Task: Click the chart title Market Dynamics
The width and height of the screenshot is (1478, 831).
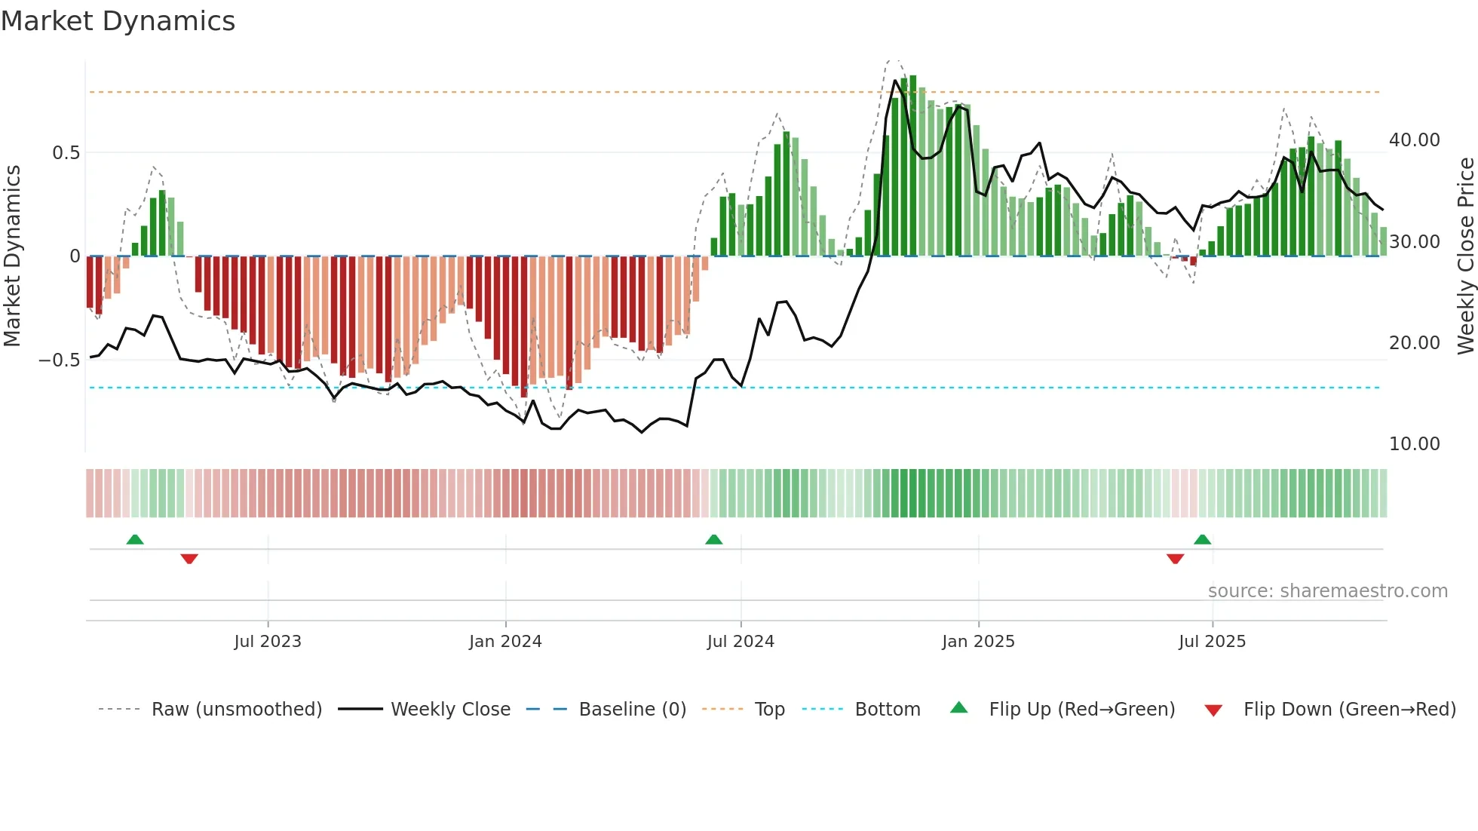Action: pyautogui.click(x=118, y=21)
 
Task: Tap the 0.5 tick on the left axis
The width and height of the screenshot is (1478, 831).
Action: pyautogui.click(x=66, y=153)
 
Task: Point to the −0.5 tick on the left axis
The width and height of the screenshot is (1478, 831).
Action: pyautogui.click(x=60, y=360)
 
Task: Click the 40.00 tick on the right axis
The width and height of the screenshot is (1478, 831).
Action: pyautogui.click(x=1414, y=140)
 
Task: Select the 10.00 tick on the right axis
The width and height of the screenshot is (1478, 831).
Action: pyautogui.click(x=1414, y=444)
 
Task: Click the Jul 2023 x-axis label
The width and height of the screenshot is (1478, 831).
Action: pyautogui.click(x=268, y=642)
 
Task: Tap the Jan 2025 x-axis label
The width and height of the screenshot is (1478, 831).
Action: pyautogui.click(x=978, y=642)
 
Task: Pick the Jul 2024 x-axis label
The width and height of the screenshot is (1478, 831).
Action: pyautogui.click(x=741, y=642)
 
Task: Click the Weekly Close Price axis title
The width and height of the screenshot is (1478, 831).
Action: pyautogui.click(x=1465, y=256)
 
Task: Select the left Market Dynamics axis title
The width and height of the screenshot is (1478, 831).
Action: pyautogui.click(x=12, y=256)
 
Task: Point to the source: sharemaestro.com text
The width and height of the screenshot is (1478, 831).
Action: pyautogui.click(x=1327, y=591)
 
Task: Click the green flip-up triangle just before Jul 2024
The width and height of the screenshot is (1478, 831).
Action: pyautogui.click(x=713, y=539)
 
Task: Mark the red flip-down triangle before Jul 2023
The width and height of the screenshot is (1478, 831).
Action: pyautogui.click(x=189, y=559)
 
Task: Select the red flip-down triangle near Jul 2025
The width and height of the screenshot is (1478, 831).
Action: pyautogui.click(x=1175, y=559)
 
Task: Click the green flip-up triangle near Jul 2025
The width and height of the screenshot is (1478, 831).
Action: pyautogui.click(x=1202, y=539)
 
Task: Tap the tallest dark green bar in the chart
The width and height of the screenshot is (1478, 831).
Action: pyautogui.click(x=912, y=166)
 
